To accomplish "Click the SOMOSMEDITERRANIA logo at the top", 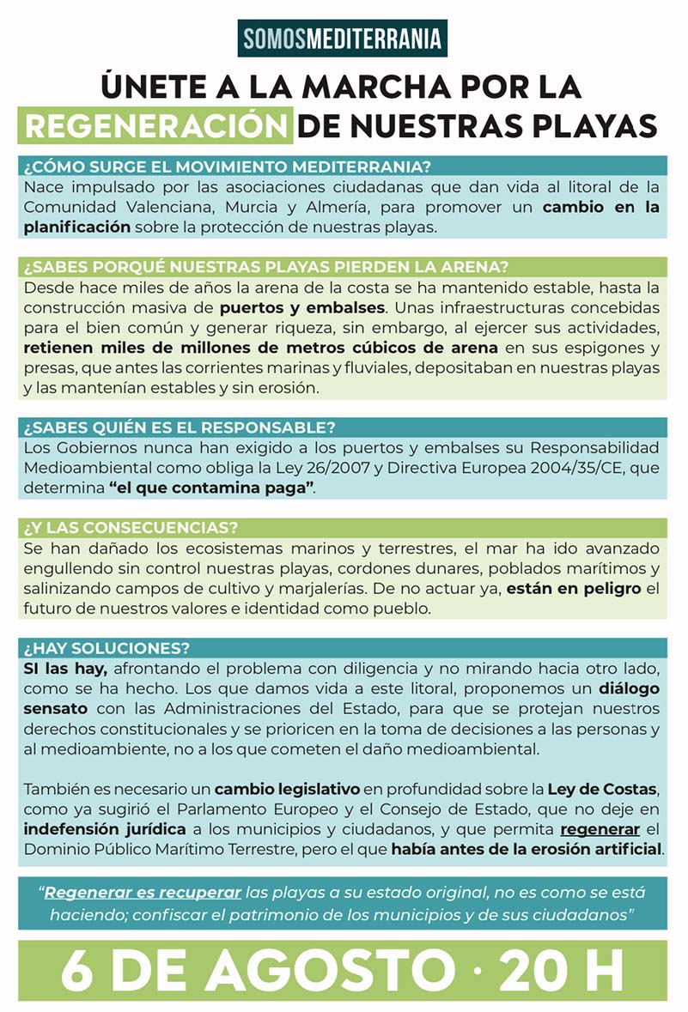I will (343, 38).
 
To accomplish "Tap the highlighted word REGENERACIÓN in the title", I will (155, 125).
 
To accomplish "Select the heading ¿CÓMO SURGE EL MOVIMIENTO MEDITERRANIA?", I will (228, 166).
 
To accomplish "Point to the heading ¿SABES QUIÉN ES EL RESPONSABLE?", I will (180, 427).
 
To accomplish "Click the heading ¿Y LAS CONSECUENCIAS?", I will (131, 527).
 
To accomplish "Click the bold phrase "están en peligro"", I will (573, 588).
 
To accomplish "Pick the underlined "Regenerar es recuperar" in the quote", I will (143, 893).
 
